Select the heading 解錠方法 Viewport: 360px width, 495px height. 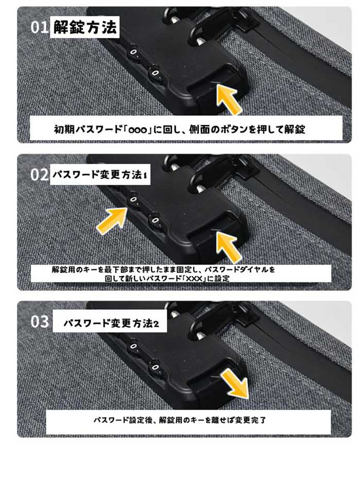pos(85,27)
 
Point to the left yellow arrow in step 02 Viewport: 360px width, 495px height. pos(112,221)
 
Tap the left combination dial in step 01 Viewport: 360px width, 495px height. pos(133,53)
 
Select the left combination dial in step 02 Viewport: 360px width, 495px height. pos(133,201)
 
